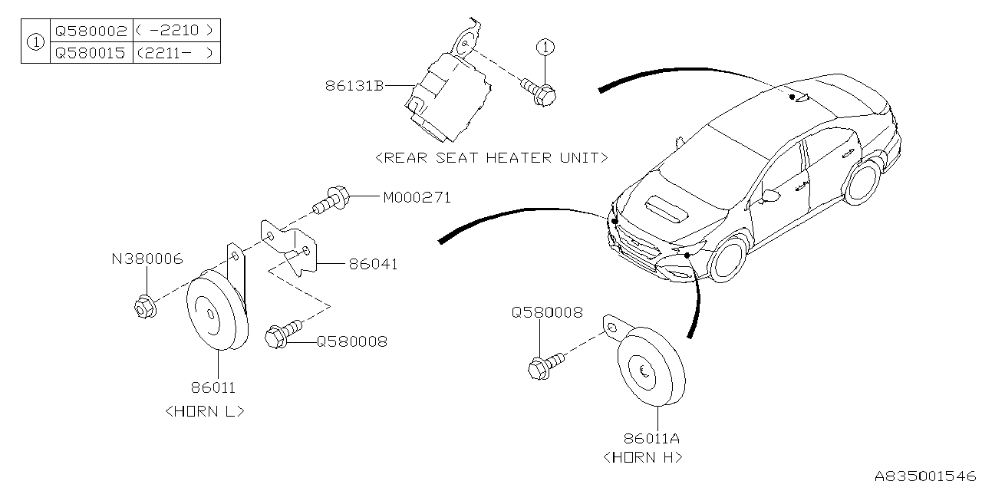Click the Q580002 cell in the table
pos(91,31)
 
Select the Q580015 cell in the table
pos(91,54)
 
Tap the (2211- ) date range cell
pos(176,54)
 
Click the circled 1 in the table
pos(35,42)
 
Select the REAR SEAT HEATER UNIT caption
pos(492,157)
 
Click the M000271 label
pos(417,198)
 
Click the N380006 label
pos(147,260)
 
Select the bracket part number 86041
pos(373,264)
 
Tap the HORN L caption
pos(205,410)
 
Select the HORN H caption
pos(642,457)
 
